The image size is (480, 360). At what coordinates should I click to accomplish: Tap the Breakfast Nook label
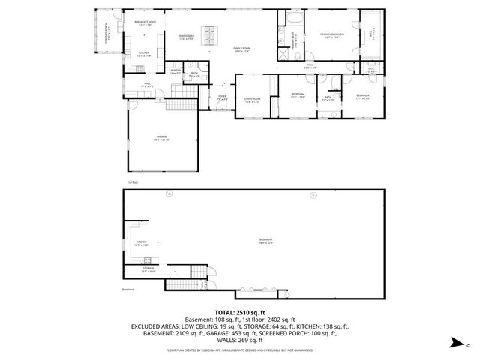pyautogui.click(x=145, y=23)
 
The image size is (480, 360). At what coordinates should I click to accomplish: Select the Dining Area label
pyautogui.click(x=187, y=37)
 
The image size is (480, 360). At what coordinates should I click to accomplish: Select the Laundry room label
pyautogui.click(x=174, y=71)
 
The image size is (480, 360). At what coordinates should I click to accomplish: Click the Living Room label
pyautogui.click(x=253, y=100)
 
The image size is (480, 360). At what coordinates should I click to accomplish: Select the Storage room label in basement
pyautogui.click(x=148, y=269)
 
